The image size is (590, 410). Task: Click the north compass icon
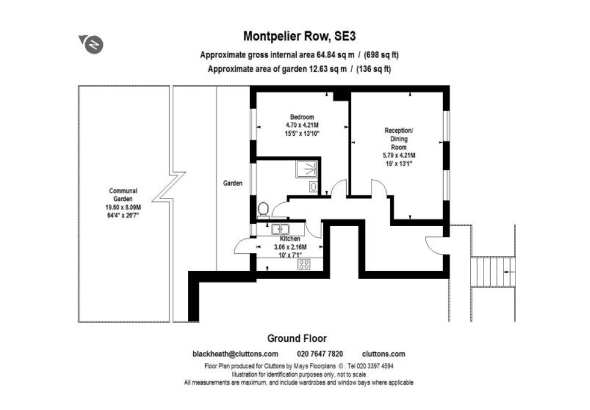[x=93, y=44]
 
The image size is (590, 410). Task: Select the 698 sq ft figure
[x=381, y=55]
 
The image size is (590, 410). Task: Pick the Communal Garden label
[x=123, y=194]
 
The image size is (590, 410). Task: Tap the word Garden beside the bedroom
[x=233, y=183]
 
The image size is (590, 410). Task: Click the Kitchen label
[x=290, y=239]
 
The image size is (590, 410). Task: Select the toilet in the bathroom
[x=264, y=209]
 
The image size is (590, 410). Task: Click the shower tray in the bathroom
[x=306, y=170]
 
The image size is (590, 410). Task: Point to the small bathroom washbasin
[x=313, y=187]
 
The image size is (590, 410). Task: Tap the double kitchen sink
[x=280, y=228]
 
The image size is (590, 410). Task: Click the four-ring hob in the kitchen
[x=304, y=264]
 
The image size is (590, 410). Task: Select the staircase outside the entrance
[x=492, y=271]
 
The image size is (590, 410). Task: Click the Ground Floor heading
[x=297, y=338]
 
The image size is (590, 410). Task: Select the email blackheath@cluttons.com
[x=235, y=354]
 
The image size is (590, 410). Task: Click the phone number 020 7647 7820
[x=320, y=354]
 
